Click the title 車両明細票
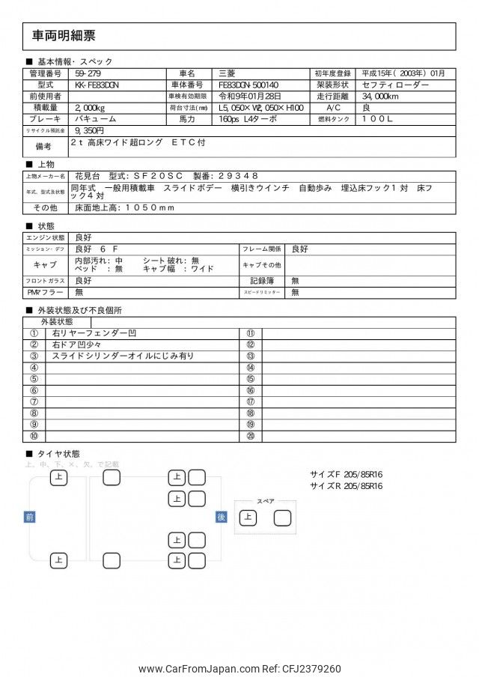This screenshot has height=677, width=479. pyautogui.click(x=64, y=35)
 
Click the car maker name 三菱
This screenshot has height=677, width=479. pyautogui.click(x=226, y=73)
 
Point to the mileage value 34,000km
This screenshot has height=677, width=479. pyautogui.click(x=385, y=97)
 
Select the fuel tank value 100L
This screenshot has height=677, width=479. pyautogui.click(x=383, y=119)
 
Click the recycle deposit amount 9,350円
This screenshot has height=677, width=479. pyautogui.click(x=89, y=130)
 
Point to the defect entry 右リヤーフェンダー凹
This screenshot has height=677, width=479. pyautogui.click(x=94, y=333)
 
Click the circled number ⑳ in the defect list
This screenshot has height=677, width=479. pyautogui.click(x=250, y=436)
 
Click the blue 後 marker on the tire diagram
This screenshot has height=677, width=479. pyautogui.click(x=221, y=517)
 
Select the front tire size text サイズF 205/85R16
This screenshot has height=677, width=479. pyautogui.click(x=346, y=474)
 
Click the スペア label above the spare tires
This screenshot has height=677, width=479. pyautogui.click(x=265, y=501)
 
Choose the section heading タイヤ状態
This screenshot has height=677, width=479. pyautogui.click(x=58, y=454)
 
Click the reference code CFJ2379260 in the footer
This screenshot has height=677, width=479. pyautogui.click(x=309, y=669)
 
